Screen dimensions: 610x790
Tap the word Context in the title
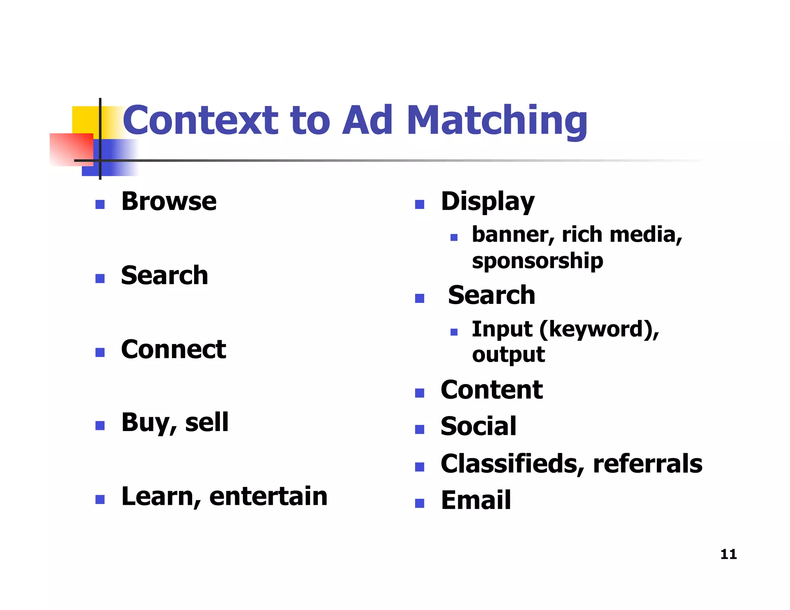[200, 121]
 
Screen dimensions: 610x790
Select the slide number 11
[728, 554]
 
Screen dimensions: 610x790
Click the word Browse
[169, 201]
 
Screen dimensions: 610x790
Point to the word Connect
[174, 349]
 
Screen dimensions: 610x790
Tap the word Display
[488, 202]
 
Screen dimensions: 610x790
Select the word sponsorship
[537, 261]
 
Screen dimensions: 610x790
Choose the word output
[508, 355]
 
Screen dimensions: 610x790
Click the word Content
[491, 390]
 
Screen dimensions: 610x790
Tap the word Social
[478, 426]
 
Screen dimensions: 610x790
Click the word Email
[476, 500]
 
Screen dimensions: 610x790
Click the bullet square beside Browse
[100, 204]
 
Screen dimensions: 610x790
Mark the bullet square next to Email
[419, 503]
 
